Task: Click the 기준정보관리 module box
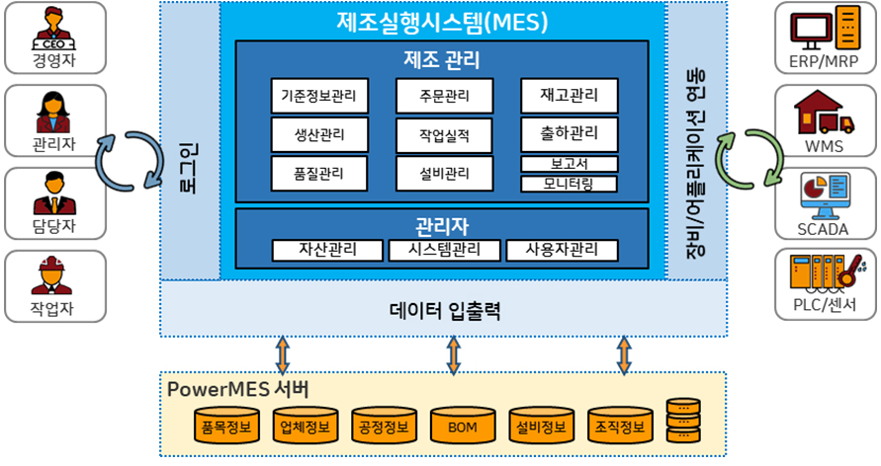[x=319, y=96]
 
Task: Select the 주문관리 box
[x=444, y=96]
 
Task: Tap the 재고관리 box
[x=570, y=96]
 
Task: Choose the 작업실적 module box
[x=444, y=135]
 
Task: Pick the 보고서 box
[x=570, y=164]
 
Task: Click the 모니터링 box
[x=569, y=184]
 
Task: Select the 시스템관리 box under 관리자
[x=444, y=250]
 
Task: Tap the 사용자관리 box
[x=562, y=250]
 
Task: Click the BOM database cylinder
[x=463, y=426]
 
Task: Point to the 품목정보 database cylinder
[x=226, y=426]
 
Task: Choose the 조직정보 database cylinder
[x=620, y=426]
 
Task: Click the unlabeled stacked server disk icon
[x=683, y=421]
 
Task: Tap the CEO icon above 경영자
[x=54, y=30]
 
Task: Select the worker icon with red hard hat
[x=51, y=275]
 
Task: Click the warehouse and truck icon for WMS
[x=824, y=113]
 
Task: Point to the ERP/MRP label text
[x=824, y=61]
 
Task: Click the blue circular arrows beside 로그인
[x=130, y=162]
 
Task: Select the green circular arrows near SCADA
[x=749, y=159]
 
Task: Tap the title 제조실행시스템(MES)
[x=442, y=22]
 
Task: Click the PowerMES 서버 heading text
[x=237, y=389]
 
